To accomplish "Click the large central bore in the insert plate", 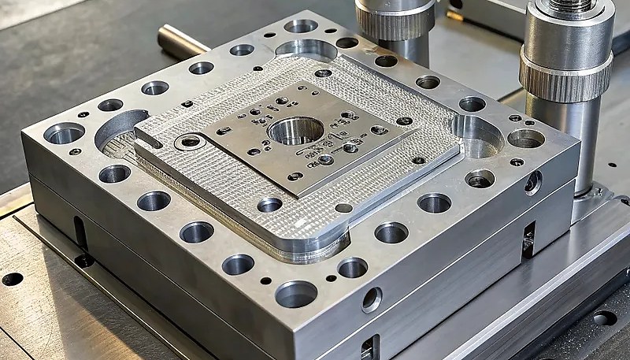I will click(295, 130).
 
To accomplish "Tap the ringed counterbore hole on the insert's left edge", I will click(189, 143).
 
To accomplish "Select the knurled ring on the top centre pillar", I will click(394, 23).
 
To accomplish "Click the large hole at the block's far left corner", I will click(64, 133).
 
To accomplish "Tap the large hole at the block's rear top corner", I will click(301, 26).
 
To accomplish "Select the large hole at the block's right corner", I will click(525, 139).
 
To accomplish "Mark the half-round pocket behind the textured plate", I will click(306, 49).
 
